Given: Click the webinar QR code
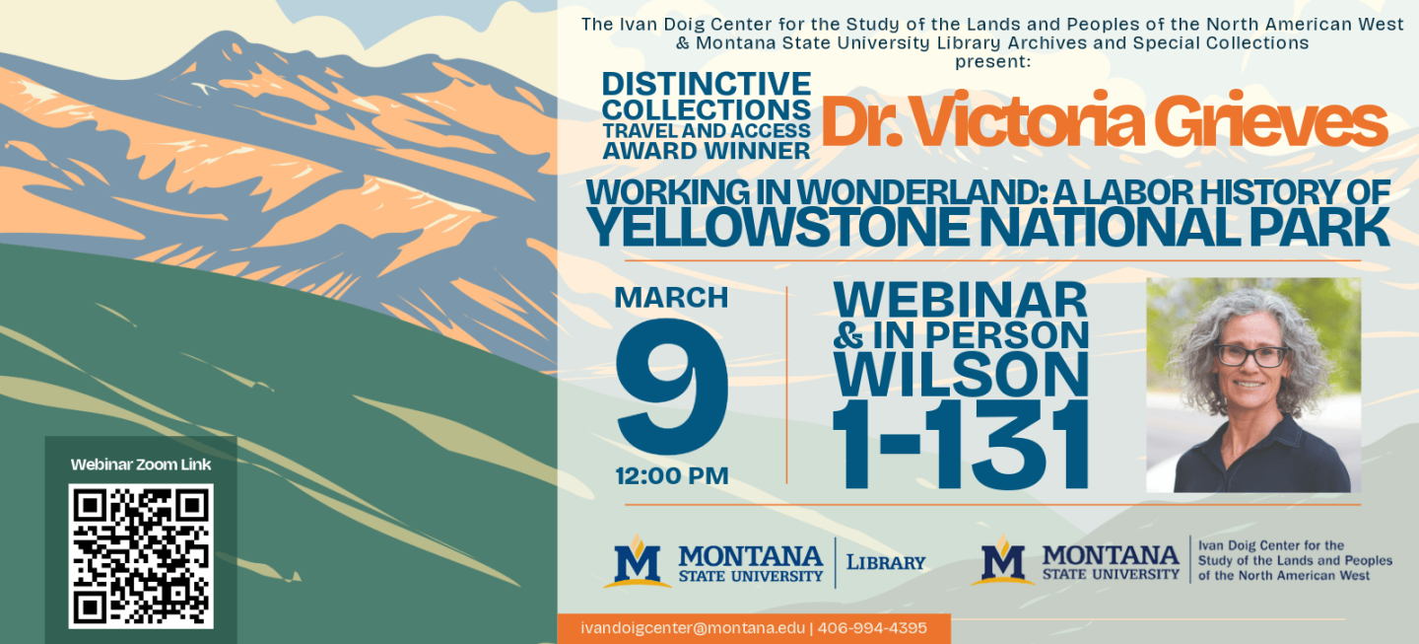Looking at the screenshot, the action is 141,556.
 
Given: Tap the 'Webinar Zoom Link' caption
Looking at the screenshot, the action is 141,465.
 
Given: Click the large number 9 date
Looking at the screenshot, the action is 671,387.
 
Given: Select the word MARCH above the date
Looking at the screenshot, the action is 671,298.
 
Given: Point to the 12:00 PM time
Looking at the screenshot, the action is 672,476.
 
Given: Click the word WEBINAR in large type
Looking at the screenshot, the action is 961,300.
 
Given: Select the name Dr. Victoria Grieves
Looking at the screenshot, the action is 1104,120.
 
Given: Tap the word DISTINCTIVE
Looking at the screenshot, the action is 707,84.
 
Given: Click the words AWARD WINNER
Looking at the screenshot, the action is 707,151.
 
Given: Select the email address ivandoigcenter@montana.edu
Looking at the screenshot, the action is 693,628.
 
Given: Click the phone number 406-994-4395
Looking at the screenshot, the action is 872,628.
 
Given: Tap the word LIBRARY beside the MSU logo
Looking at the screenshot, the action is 886,562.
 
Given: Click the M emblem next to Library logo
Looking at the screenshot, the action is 638,561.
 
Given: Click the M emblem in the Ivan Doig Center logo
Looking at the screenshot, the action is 1003,560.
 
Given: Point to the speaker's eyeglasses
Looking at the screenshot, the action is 1250,356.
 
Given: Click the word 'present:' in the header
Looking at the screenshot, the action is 992,62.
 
